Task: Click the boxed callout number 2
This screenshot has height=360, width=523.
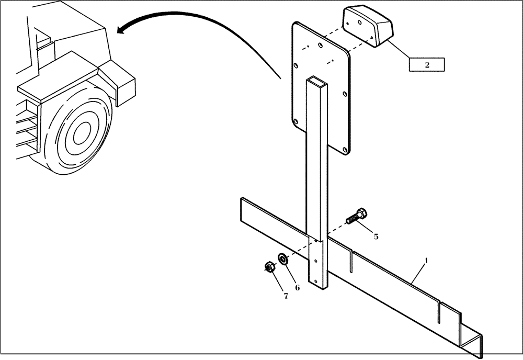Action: (427, 65)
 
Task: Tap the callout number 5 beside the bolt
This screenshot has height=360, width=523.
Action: (376, 236)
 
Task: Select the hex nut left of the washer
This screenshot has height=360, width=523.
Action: (268, 267)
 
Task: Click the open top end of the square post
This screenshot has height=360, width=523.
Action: (317, 81)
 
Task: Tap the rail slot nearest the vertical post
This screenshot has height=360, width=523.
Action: (352, 262)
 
